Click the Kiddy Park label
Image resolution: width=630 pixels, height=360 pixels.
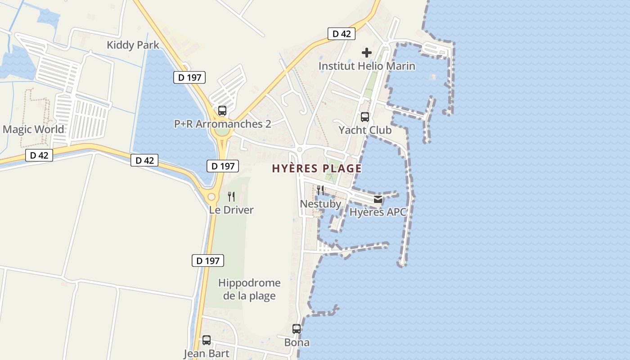133,45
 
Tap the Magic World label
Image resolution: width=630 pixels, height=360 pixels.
33,130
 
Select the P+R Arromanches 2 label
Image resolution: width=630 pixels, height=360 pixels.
223,124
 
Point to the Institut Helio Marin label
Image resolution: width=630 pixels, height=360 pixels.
367,66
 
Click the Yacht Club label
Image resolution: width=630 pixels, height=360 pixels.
365,130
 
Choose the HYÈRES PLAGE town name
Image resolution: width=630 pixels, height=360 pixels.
316,169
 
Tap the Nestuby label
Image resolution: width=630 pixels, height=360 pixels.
320,204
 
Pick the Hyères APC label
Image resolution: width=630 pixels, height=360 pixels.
378,212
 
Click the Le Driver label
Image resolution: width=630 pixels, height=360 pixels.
231,210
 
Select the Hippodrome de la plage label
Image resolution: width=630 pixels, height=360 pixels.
249,289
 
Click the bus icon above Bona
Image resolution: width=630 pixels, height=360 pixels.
297,329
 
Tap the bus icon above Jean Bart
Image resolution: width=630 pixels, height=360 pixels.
207,340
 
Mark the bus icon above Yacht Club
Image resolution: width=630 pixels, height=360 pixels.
365,117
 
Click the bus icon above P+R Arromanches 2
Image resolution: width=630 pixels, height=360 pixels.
222,111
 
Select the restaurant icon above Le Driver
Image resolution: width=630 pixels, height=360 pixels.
231,197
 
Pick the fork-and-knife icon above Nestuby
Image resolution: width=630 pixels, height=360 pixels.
320,190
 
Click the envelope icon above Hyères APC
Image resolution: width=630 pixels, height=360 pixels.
378,199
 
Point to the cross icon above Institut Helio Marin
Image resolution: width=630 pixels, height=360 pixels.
367,53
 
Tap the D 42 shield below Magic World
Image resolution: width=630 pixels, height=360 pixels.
39,156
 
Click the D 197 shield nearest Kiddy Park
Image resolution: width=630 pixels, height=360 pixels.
189,77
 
